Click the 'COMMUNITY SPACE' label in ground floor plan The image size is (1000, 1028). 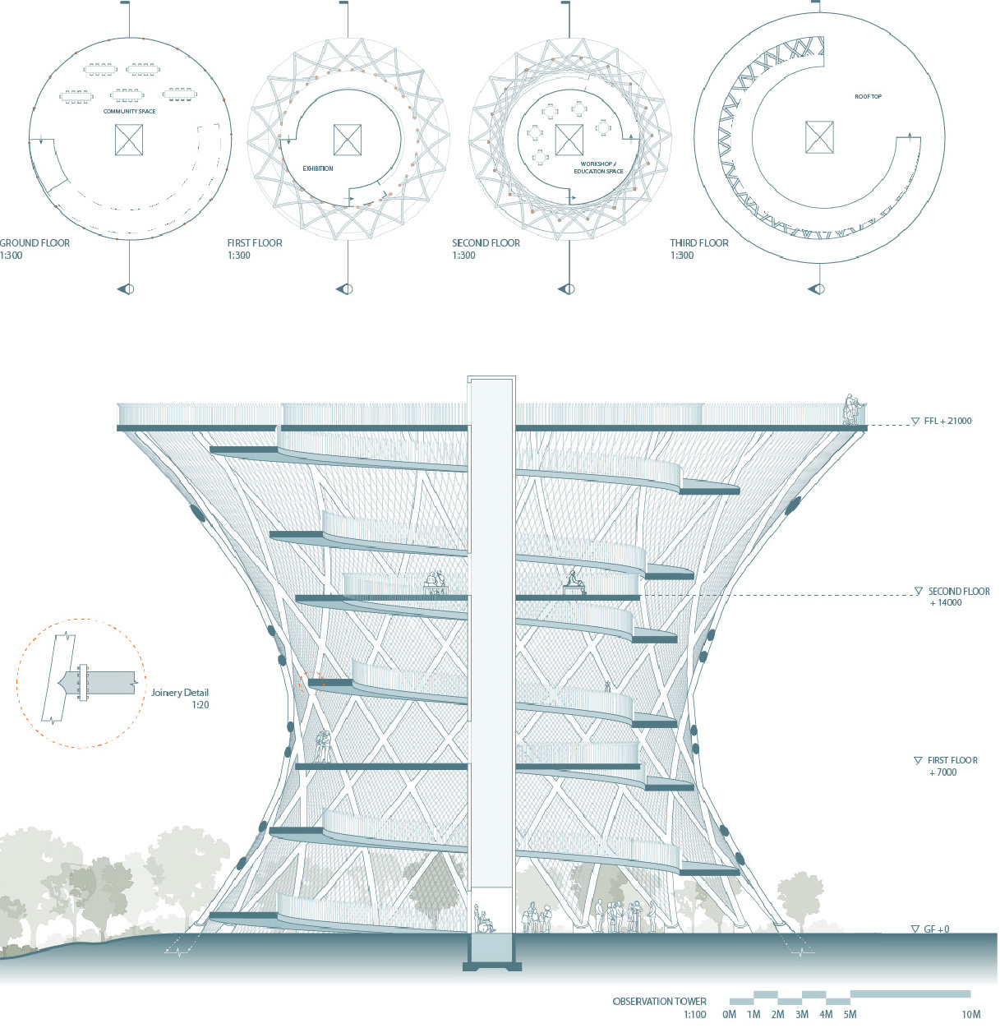129,112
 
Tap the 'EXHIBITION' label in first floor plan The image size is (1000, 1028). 318,168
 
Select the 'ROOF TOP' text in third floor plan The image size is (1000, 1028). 868,97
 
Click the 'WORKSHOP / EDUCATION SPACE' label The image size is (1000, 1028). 599,168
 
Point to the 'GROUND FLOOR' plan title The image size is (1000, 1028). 35,243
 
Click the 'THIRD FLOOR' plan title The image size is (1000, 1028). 699,243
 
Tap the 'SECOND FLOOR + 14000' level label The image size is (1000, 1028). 958,597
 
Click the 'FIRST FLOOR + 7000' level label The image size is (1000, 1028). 952,766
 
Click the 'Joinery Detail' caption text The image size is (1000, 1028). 180,693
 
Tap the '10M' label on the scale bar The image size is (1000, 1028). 971,1015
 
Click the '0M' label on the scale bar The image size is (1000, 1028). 729,1015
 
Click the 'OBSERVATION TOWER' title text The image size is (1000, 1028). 659,1002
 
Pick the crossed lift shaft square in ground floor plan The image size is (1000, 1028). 129,140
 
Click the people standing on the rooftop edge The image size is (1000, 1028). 854,410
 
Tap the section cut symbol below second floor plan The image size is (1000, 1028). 566,288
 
